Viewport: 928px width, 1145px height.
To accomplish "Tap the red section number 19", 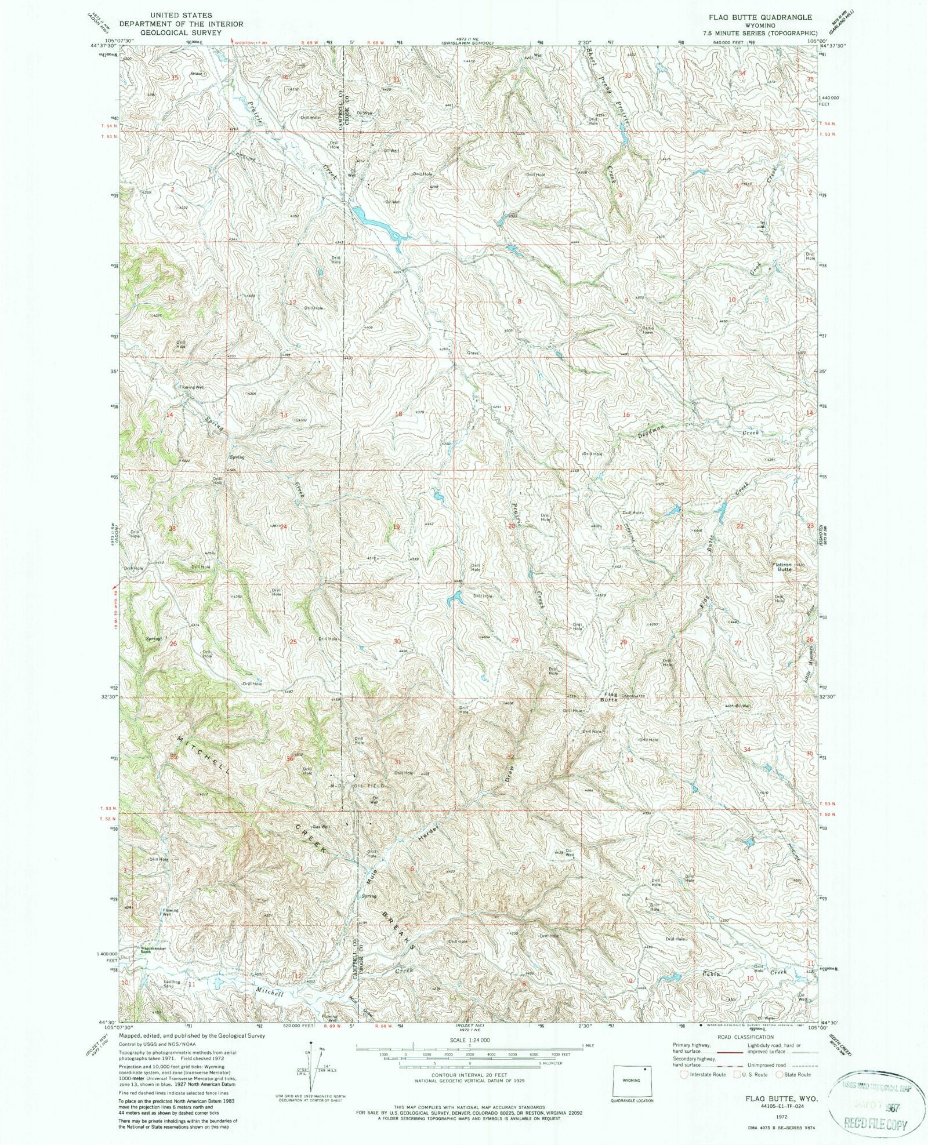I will (x=396, y=527).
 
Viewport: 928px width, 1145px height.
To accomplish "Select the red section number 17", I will (x=507, y=409).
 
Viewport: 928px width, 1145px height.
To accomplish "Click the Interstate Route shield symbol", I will (x=684, y=1074).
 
